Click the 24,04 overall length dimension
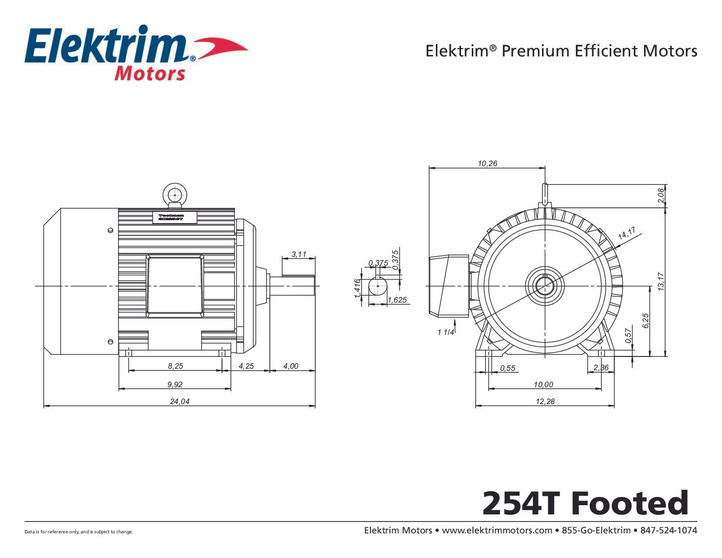(179, 402)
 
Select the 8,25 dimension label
(175, 366)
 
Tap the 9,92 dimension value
(175, 384)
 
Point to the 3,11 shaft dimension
(298, 254)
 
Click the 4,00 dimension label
(291, 366)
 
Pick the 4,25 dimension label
(246, 366)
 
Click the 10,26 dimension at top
(487, 164)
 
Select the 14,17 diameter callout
(627, 233)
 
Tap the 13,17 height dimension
(661, 282)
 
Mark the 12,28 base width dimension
(545, 402)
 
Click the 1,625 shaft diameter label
(397, 300)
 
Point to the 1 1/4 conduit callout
(446, 332)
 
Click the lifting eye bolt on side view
(175, 195)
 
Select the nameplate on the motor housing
(175, 217)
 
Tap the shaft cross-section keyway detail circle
(378, 286)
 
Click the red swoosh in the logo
(220, 48)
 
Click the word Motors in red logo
(150, 73)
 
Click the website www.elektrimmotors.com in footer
(497, 530)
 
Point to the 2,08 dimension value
(661, 195)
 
